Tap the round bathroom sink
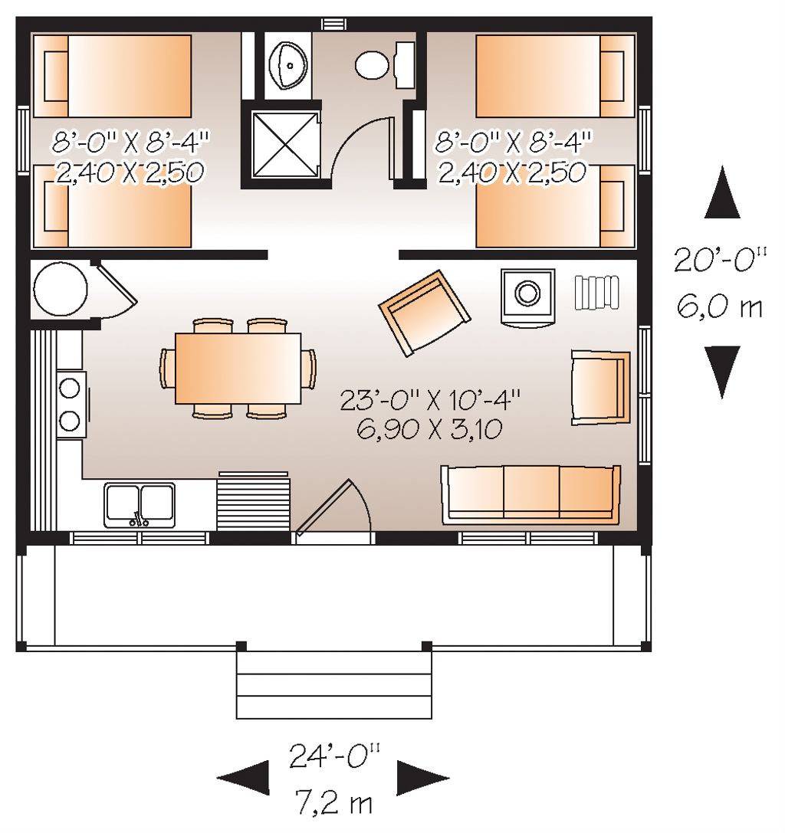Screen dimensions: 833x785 click(289, 66)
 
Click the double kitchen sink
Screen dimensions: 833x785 click(140, 504)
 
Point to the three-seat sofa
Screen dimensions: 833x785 click(530, 494)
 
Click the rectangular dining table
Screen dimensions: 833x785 click(238, 367)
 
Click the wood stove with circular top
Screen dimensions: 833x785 click(527, 294)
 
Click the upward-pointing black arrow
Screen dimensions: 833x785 click(721, 194)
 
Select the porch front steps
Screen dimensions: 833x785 click(333, 684)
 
